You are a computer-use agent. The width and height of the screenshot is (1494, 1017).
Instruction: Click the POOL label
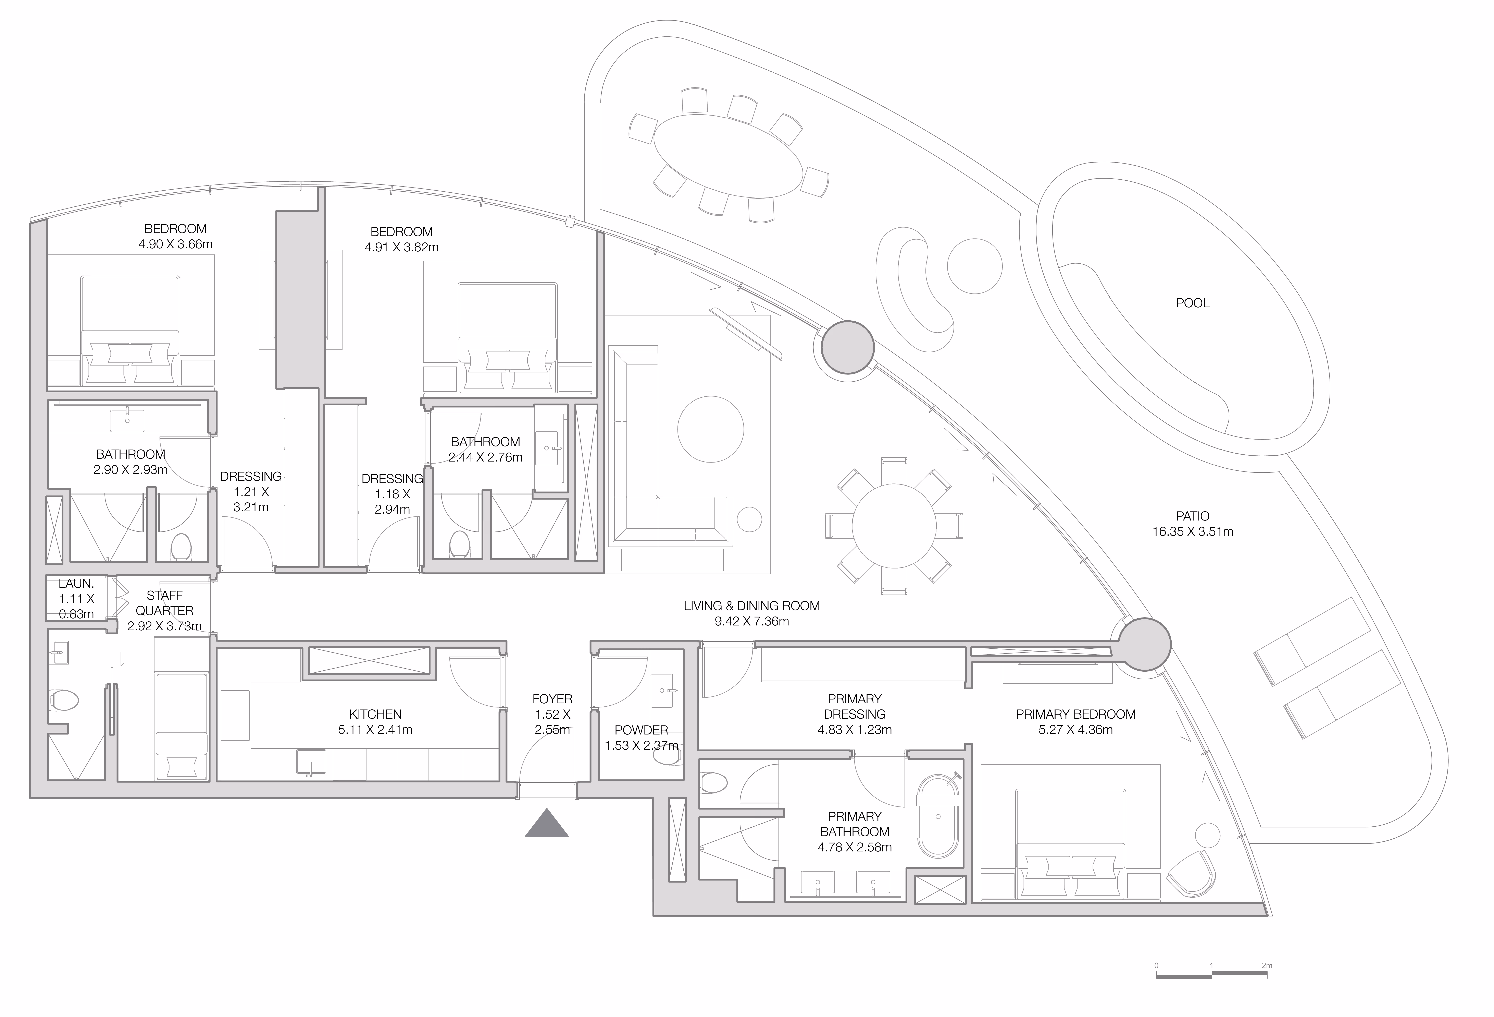pos(1193,303)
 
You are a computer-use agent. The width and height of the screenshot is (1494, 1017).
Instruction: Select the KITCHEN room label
pos(375,714)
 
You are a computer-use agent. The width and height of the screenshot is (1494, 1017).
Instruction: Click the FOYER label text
pos(552,699)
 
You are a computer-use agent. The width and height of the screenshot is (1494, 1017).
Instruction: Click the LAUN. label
pos(76,583)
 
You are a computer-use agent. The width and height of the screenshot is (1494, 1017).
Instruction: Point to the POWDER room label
pos(641,730)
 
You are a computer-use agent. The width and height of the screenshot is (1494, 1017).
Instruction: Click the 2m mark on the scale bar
pos(1266,966)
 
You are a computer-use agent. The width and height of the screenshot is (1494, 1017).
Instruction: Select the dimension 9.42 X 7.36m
pos(751,621)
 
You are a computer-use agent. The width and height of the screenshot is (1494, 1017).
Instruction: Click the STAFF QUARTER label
pos(165,603)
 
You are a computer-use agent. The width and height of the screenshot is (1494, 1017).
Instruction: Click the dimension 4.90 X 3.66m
pos(175,244)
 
